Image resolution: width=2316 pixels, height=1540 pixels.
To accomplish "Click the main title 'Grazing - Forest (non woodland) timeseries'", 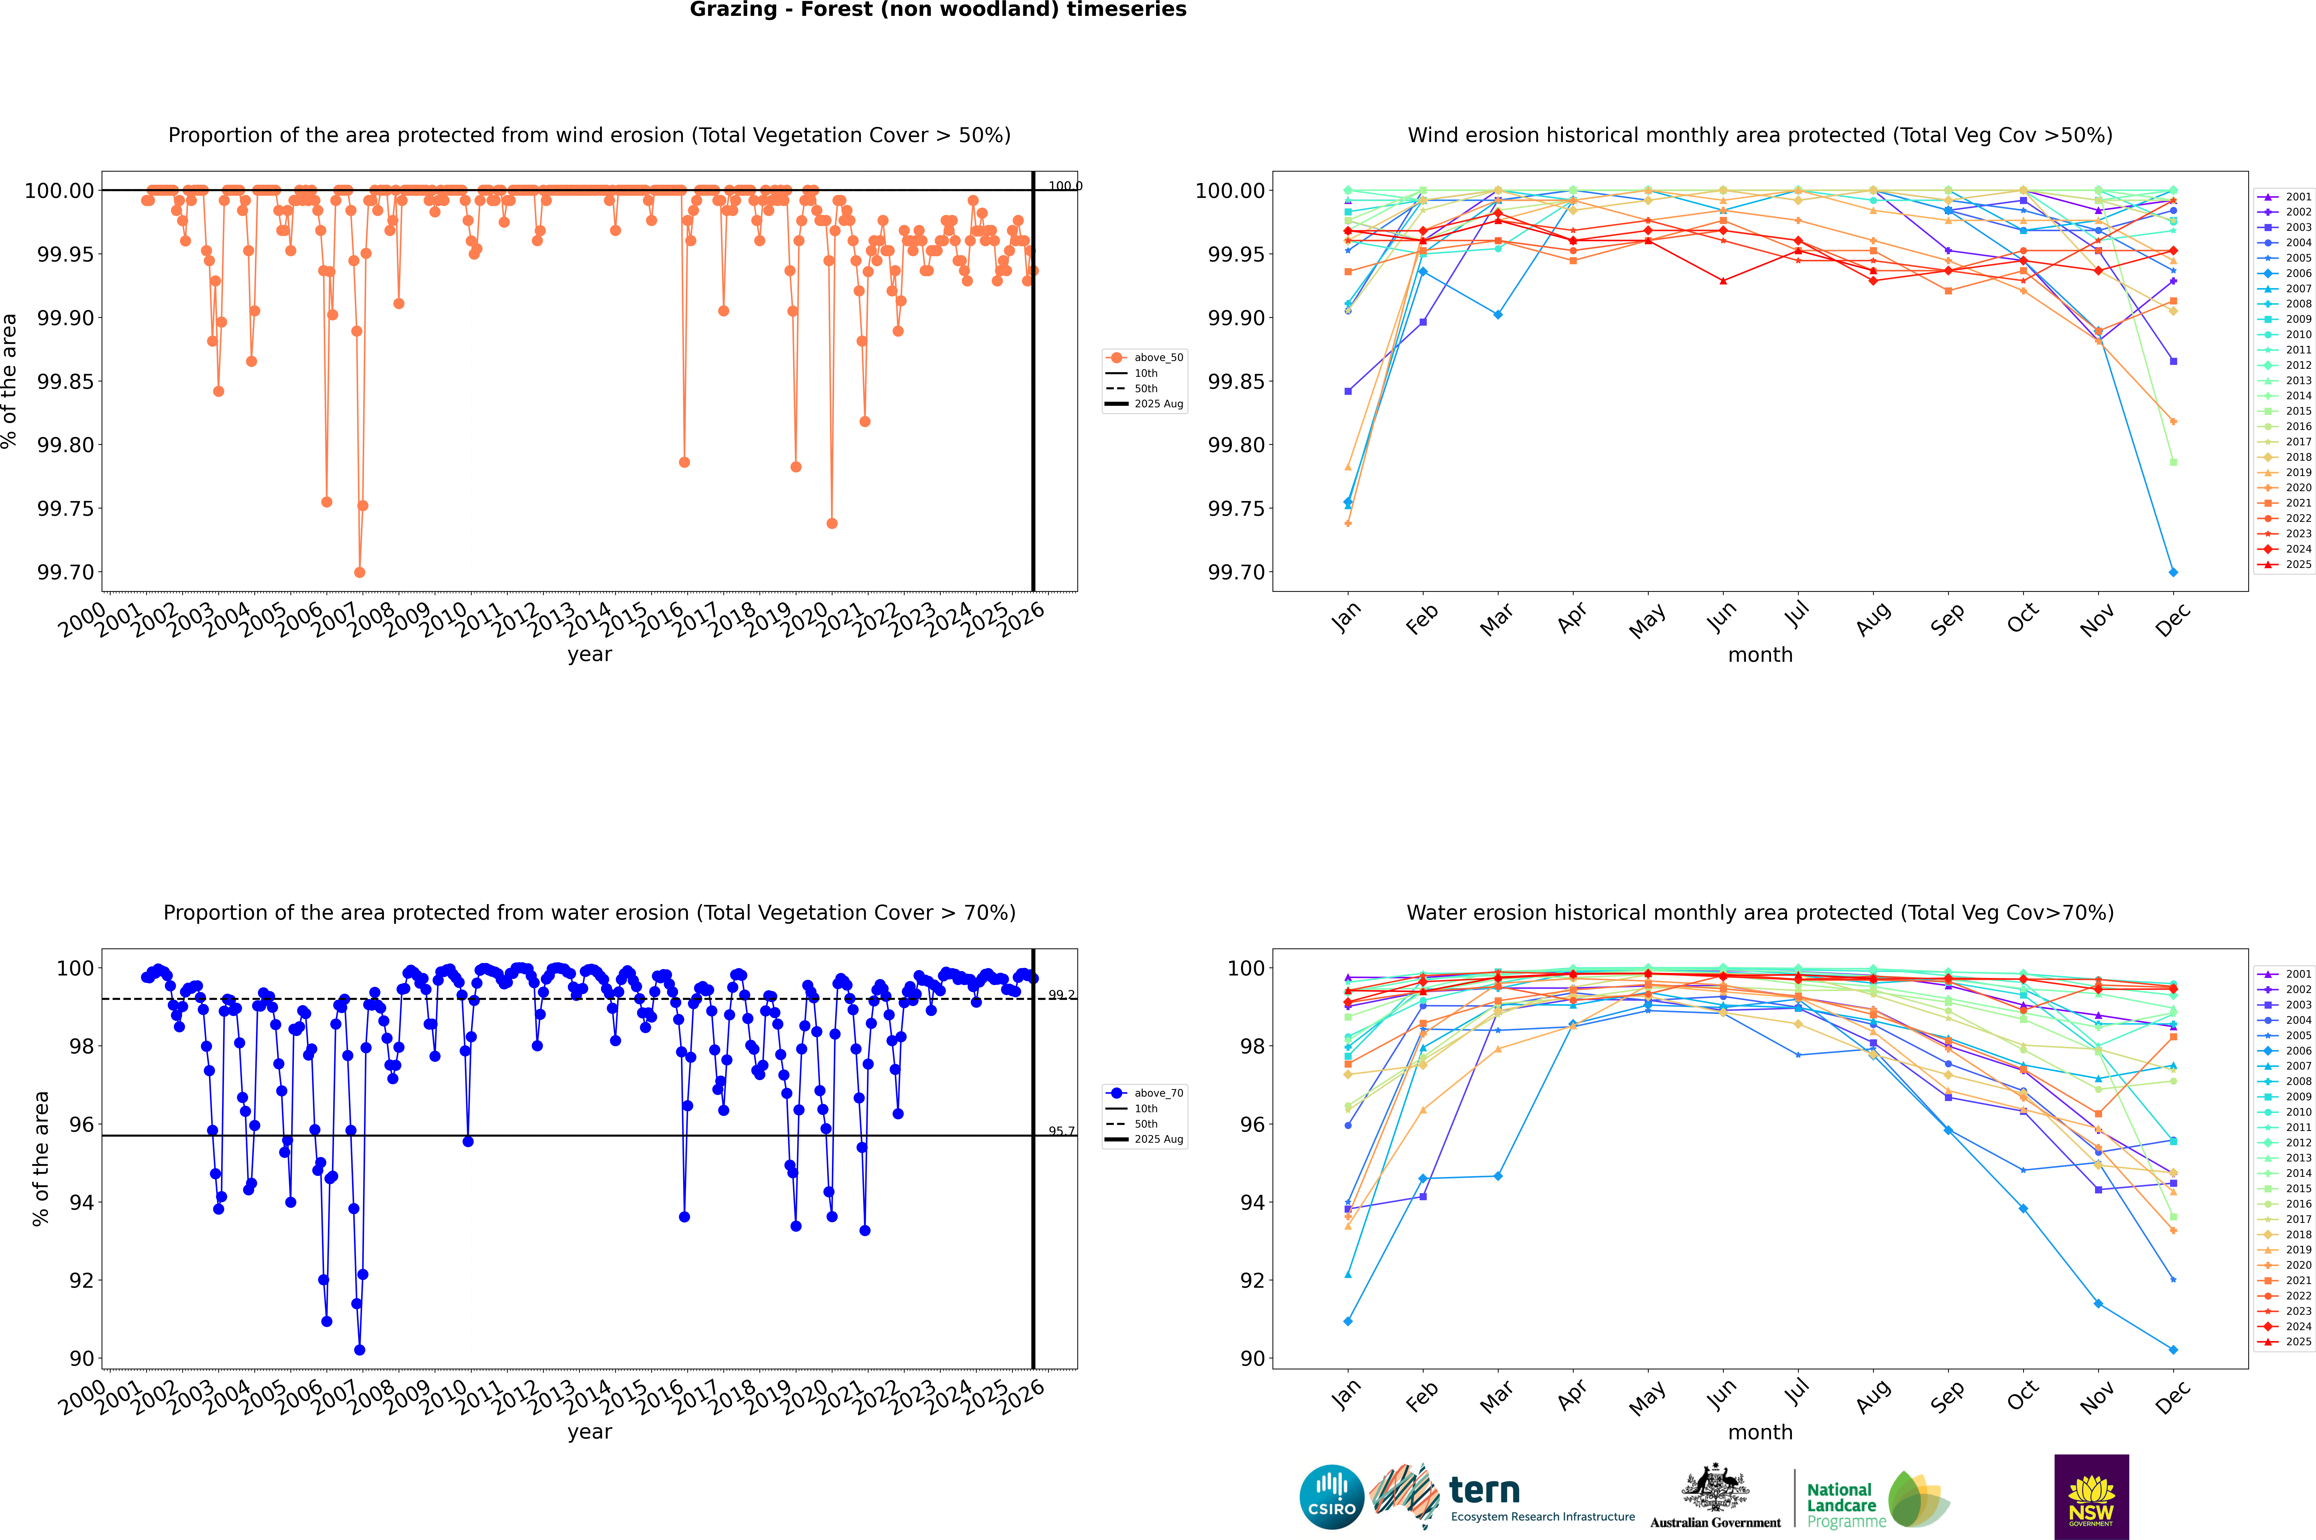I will (938, 10).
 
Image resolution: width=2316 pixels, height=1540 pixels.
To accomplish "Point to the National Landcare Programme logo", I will (1877, 1500).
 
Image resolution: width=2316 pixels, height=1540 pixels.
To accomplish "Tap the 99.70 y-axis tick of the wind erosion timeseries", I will (67, 573).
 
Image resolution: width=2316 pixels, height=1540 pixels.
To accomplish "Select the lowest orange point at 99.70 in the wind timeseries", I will (359, 573).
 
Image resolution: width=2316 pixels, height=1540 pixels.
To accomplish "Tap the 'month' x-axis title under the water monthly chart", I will (1759, 1432).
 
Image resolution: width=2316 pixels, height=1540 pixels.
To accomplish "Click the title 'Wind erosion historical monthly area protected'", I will (1759, 136).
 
